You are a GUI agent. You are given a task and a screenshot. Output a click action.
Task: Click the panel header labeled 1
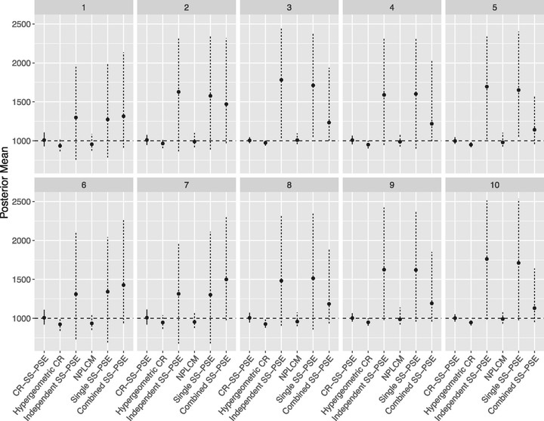click(x=84, y=8)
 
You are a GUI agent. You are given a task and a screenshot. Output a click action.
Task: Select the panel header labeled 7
click(x=187, y=184)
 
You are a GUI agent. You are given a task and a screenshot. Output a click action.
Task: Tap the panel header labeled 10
click(x=494, y=184)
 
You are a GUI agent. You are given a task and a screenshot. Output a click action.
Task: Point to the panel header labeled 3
click(x=289, y=8)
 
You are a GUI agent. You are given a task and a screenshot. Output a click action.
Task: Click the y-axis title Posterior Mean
click(x=5, y=182)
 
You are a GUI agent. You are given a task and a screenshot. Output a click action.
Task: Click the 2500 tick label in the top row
click(x=20, y=24)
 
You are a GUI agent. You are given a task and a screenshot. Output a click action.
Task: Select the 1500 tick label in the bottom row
click(x=20, y=280)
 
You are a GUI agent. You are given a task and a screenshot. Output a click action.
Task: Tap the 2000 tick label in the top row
click(x=20, y=63)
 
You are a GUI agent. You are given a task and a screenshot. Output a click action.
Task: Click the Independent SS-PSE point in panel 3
click(x=281, y=80)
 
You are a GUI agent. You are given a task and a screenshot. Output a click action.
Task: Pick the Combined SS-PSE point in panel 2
click(x=226, y=104)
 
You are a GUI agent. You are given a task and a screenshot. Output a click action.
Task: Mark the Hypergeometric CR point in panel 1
click(x=60, y=146)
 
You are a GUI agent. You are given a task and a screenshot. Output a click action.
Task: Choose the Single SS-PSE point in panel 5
click(x=518, y=90)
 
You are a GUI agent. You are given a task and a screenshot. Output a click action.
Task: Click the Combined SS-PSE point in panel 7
click(x=226, y=279)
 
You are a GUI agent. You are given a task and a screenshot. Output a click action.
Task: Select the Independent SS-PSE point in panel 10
click(x=487, y=259)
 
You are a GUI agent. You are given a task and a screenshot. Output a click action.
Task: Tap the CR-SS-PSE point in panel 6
click(x=44, y=317)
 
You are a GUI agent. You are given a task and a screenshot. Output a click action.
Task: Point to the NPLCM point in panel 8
click(x=298, y=321)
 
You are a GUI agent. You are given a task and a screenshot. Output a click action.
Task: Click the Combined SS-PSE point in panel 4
click(x=432, y=123)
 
